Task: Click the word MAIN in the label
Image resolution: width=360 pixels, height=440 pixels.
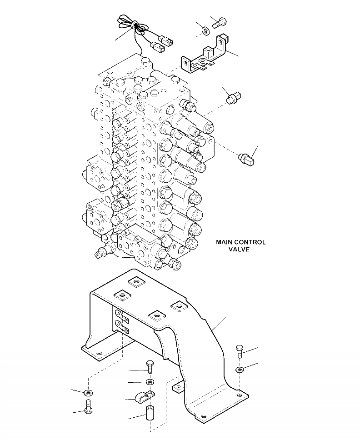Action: pyautogui.click(x=225, y=242)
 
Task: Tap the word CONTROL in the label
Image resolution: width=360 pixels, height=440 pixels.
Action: pyautogui.click(x=251, y=242)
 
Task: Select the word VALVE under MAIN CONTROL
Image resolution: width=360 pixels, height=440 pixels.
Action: pyautogui.click(x=240, y=250)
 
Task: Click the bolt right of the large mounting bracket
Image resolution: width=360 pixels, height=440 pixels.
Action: pyautogui.click(x=240, y=352)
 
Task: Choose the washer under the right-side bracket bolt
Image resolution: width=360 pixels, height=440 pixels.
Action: pyautogui.click(x=240, y=370)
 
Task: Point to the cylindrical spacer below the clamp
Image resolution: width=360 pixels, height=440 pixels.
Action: pyautogui.click(x=150, y=415)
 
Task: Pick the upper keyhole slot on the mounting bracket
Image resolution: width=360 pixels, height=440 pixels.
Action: pyautogui.click(x=120, y=314)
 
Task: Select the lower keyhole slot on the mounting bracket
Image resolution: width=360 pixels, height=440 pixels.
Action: pyautogui.click(x=120, y=325)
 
